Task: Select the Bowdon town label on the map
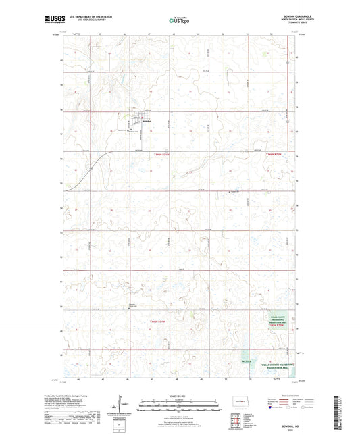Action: pyautogui.click(x=147, y=122)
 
